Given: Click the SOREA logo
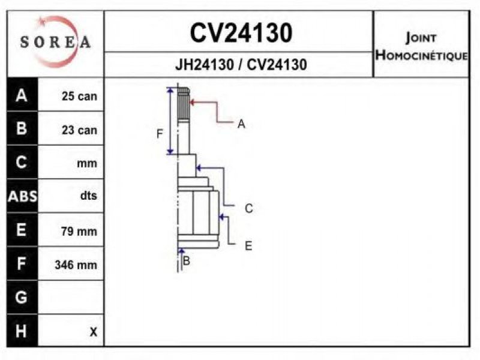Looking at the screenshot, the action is pos(55,42).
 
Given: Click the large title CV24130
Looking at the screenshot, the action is pos(241,33).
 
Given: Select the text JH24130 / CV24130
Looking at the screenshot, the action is pos(241,65).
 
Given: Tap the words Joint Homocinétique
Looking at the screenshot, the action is pos(422,47).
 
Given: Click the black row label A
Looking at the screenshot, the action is pos(22,95).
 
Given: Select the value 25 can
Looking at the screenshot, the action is pos(79,96).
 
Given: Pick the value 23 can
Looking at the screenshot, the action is pos(79,130).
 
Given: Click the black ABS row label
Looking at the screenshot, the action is pos(22,196).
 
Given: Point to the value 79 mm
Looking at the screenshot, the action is pos(79,231).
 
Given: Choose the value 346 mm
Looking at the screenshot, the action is pos(76,265).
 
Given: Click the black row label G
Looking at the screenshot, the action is pos(21,297).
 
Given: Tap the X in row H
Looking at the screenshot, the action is pos(94,332).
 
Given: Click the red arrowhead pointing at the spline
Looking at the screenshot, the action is pos(193,102).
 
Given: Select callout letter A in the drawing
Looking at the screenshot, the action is pos(241,124).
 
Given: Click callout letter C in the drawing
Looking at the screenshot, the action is pos(249,208).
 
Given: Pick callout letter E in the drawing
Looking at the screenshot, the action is pos(248,246).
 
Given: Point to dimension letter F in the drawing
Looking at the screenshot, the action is pos(160,134).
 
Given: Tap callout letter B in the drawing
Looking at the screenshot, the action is pos(186,261).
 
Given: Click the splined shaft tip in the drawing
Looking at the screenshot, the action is pos(183,103).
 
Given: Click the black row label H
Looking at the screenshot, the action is pos(21,331).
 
